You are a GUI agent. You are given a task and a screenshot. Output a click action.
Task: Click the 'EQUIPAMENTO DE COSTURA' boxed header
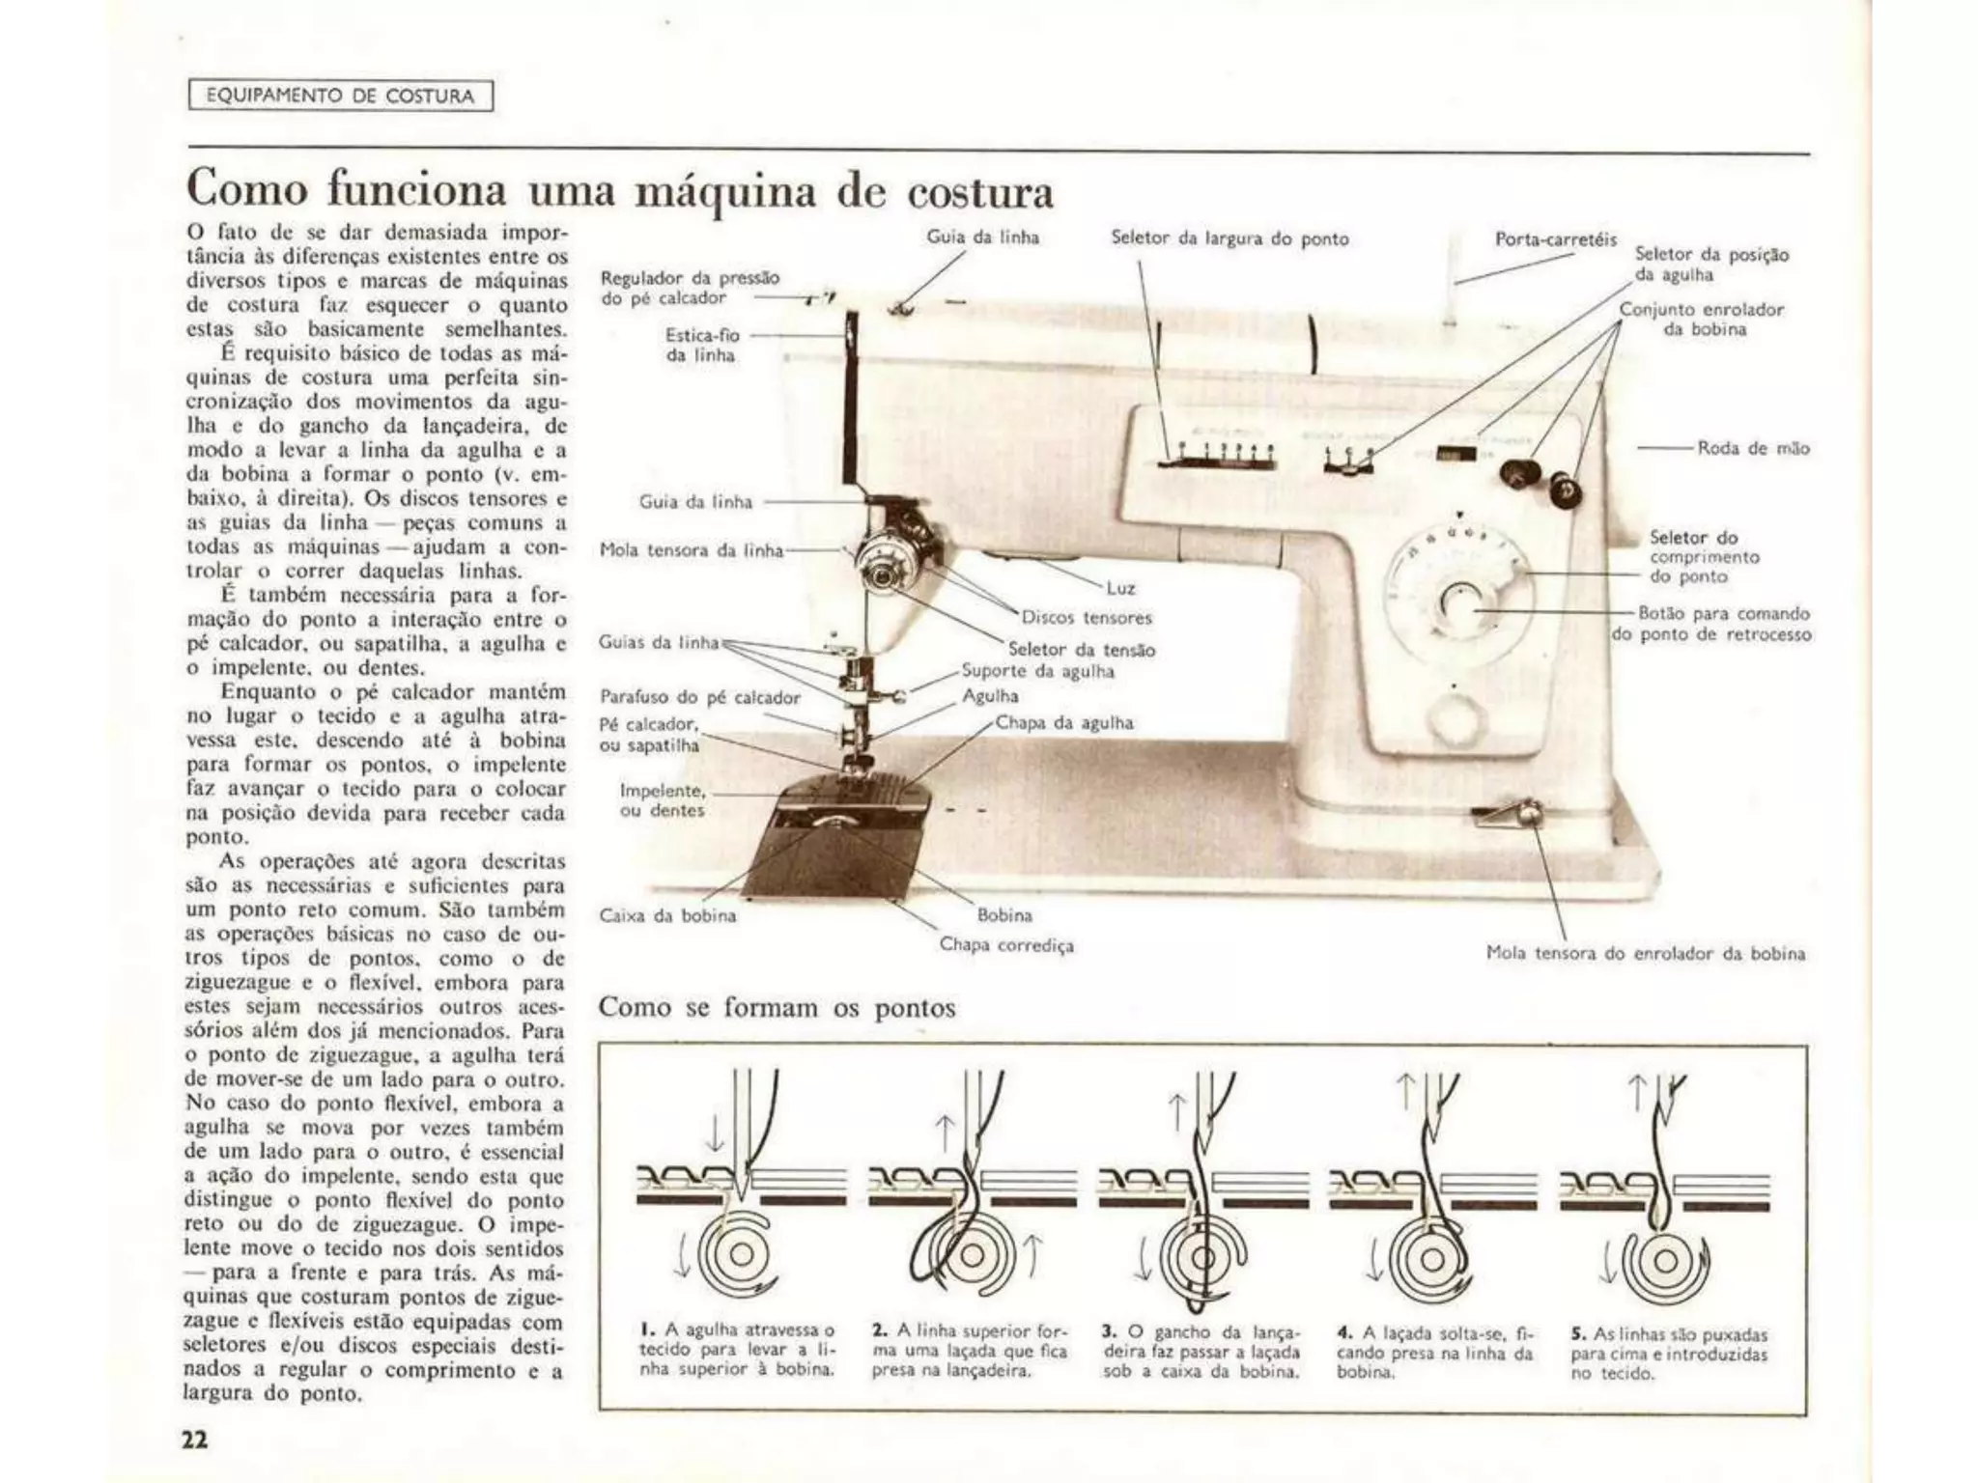point(340,96)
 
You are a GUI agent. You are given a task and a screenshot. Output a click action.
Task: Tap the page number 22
point(194,1440)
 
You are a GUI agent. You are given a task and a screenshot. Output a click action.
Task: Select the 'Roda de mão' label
point(1753,448)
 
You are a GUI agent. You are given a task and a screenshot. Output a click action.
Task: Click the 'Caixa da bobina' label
point(667,915)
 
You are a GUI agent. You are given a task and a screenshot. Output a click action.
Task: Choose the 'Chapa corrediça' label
point(1006,944)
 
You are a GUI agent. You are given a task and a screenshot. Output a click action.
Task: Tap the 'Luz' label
point(1120,587)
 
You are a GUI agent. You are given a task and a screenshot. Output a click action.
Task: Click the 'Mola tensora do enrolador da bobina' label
point(1645,953)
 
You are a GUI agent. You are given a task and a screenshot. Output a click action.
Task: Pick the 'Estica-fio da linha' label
point(702,345)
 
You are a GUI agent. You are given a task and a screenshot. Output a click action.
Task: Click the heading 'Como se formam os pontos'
point(777,1008)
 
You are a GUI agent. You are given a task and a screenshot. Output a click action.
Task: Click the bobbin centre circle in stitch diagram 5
point(1664,1261)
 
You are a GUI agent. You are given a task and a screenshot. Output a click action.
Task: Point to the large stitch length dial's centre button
point(1456,603)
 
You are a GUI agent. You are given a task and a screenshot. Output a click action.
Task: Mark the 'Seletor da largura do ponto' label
point(1229,238)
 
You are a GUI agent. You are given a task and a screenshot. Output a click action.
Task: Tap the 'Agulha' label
point(990,695)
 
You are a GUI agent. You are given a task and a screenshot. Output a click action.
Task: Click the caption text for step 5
point(1668,1354)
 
